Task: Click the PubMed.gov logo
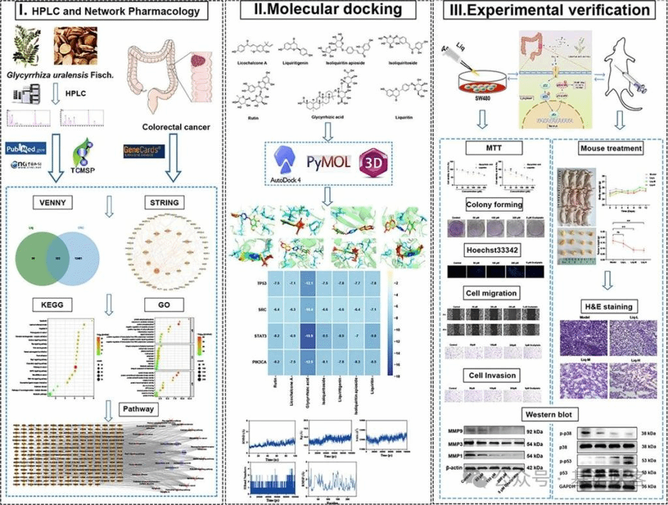tap(26, 148)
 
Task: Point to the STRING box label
tap(164, 202)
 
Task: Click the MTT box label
tap(494, 149)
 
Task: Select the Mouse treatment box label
tap(611, 148)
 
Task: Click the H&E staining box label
tap(608, 306)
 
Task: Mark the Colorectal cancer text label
tap(175, 127)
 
